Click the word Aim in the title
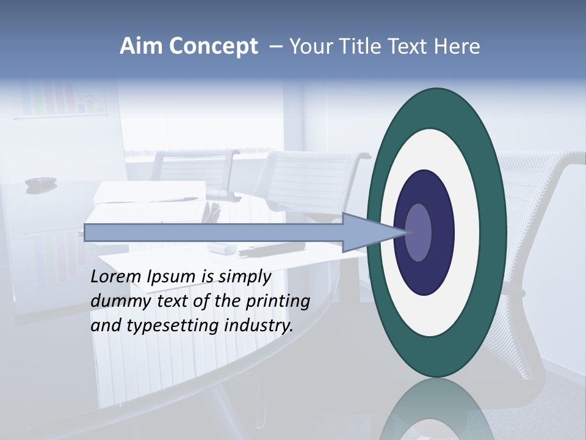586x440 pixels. tap(140, 46)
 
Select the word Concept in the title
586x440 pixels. tap(212, 47)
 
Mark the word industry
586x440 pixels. tap(259, 325)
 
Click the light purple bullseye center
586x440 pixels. tap(419, 232)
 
